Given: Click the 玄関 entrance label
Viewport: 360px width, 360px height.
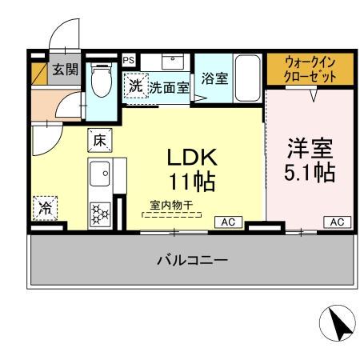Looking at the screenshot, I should click(65, 69).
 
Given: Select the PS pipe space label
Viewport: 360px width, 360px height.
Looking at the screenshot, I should click(128, 59).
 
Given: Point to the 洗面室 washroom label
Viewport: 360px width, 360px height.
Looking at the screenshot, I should click(170, 88).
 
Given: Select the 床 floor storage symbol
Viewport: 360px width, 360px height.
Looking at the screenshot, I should click(100, 139).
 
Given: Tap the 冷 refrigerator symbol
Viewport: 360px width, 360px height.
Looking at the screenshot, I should click(46, 209).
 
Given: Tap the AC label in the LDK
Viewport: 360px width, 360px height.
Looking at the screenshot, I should click(226, 222).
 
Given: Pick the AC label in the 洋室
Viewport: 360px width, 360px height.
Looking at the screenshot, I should click(337, 222).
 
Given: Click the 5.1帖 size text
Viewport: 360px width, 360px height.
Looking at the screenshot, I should click(310, 172).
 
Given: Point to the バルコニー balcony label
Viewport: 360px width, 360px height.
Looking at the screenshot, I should click(192, 260).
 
